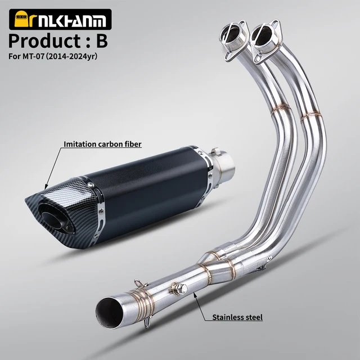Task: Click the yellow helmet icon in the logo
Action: tap(21, 19)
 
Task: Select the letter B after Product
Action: tap(102, 41)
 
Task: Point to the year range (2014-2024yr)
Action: tap(71, 56)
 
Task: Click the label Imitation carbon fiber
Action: tap(102, 144)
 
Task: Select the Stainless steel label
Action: tap(237, 317)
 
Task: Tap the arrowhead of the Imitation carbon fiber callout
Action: tap(46, 187)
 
